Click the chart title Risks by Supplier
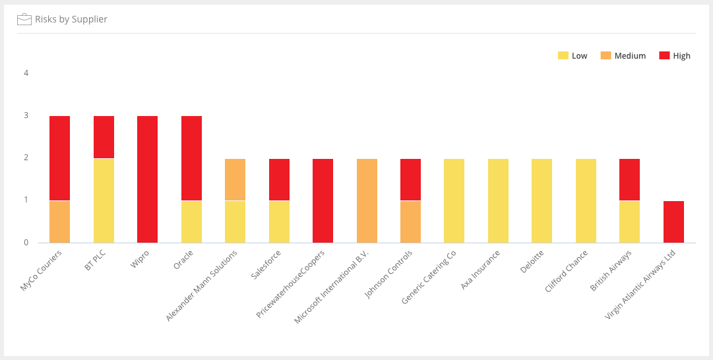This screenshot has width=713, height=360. [x=71, y=19]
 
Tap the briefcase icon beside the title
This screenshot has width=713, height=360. [x=24, y=19]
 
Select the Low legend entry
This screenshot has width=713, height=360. [x=573, y=55]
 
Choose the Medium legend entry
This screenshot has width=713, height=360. [x=623, y=55]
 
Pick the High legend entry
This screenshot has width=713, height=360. [x=674, y=55]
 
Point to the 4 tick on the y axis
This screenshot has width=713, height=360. [x=26, y=73]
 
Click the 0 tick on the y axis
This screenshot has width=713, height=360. [x=26, y=242]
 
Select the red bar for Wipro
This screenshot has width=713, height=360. [x=147, y=179]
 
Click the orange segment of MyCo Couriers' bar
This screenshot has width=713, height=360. [x=59, y=222]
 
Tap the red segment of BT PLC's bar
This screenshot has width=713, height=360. [x=104, y=137]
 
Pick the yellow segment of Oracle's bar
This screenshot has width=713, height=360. [x=191, y=222]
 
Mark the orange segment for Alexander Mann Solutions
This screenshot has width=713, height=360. [x=235, y=179]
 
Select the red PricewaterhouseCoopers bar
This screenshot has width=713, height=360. [x=323, y=201]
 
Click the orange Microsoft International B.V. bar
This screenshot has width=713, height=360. [x=367, y=201]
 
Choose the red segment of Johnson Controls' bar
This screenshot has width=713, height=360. [x=411, y=179]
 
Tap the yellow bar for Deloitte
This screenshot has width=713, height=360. [x=542, y=201]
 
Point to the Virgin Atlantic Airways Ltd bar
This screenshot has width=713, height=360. [x=673, y=222]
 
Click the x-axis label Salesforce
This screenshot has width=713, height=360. [x=266, y=265]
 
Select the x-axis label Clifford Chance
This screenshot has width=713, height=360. [x=566, y=272]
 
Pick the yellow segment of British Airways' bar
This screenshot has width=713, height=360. [x=629, y=222]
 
